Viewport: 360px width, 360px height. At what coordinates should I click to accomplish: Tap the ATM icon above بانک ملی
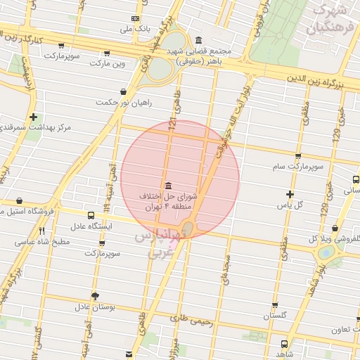135,18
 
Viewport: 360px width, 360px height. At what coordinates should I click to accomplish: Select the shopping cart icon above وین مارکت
107,53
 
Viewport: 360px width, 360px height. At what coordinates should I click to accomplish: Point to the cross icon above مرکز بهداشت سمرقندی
33,116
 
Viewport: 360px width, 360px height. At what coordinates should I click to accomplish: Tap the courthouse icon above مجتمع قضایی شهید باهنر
199,39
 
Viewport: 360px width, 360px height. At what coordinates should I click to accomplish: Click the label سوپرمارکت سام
298,167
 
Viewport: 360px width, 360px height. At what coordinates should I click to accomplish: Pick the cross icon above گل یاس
290,193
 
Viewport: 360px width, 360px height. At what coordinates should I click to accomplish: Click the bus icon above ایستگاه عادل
91,215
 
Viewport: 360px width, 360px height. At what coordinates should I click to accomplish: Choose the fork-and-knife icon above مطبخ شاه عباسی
41,231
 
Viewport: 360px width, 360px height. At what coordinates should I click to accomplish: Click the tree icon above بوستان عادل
95,296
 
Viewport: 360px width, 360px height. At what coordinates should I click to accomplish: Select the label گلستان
275,316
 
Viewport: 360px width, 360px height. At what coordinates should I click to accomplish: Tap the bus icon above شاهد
283,345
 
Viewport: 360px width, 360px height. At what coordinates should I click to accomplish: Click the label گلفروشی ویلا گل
335,238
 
